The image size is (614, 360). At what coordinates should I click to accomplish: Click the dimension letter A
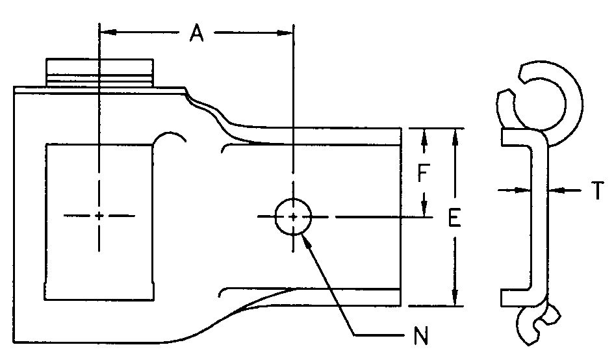click(196, 33)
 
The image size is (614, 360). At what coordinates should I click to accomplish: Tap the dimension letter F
click(423, 174)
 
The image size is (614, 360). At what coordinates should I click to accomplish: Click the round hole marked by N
click(294, 216)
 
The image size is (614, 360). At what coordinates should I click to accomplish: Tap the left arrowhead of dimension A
click(105, 31)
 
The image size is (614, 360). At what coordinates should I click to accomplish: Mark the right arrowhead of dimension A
click(287, 31)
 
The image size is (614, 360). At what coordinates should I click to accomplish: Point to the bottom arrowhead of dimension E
click(455, 298)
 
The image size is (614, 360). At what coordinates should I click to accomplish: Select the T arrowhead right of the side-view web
click(554, 190)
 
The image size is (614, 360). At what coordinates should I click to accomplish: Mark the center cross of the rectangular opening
click(99, 216)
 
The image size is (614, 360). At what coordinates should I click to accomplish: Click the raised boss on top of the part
click(100, 72)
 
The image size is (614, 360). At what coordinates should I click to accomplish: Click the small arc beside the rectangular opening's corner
click(172, 137)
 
